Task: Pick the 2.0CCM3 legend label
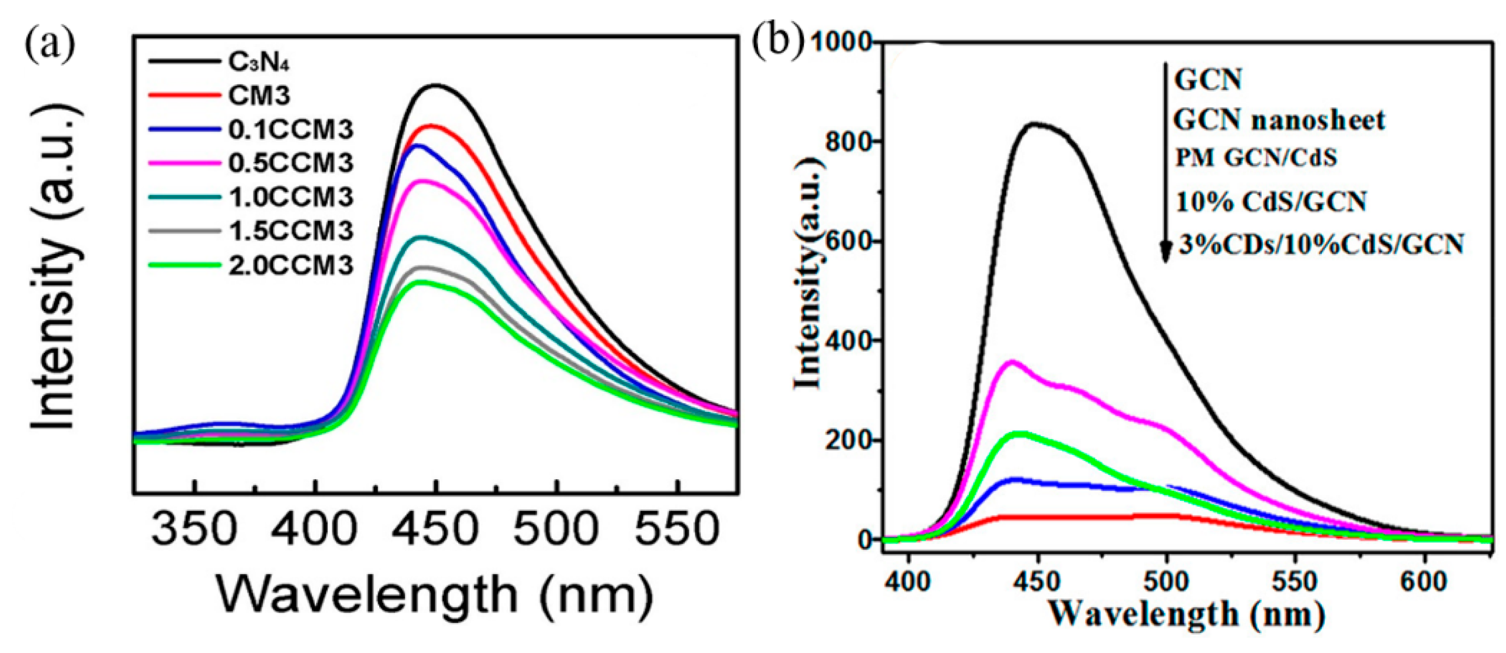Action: (290, 265)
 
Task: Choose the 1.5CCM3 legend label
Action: (290, 232)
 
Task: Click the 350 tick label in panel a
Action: (194, 528)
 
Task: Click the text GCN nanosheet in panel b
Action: (1279, 120)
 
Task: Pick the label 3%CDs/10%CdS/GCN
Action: (1321, 244)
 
